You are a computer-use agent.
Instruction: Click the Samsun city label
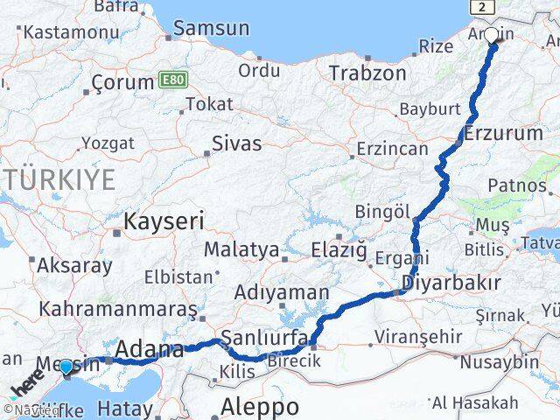[x=211, y=28]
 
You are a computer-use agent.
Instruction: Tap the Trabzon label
[x=362, y=73]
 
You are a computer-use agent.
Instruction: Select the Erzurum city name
[x=504, y=134]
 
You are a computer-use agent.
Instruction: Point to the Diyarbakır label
[x=451, y=283]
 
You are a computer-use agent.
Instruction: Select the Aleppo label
[x=260, y=407]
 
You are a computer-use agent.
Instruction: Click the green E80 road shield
[x=171, y=80]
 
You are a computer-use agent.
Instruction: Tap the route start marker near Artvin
[x=491, y=36]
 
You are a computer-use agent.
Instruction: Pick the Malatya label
[x=241, y=249]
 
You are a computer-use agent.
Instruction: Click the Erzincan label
[x=389, y=150]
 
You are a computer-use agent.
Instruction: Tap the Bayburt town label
[x=429, y=110]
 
